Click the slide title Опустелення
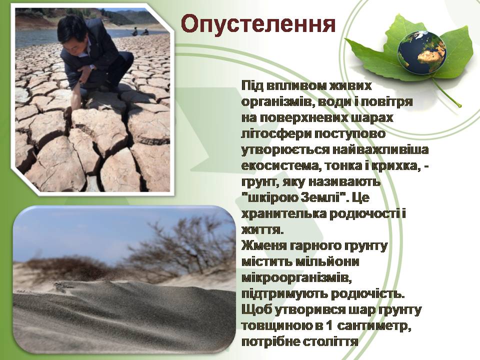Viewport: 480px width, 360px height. [x=257, y=23]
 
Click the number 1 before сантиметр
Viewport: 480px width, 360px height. [x=329, y=326]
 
